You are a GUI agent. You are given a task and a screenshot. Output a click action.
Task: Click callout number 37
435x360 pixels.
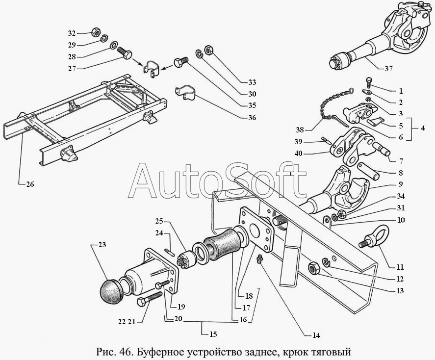tap(389, 68)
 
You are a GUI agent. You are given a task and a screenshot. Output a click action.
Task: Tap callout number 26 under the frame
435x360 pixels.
tap(30, 184)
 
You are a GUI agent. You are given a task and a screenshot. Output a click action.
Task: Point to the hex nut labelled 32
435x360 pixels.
tap(96, 32)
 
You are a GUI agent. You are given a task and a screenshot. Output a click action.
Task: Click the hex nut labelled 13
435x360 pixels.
tap(314, 268)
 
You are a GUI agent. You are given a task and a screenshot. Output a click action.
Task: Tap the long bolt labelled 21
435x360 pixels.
tap(149, 299)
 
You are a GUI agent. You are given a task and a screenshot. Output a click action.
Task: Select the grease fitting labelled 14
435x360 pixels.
tap(260, 259)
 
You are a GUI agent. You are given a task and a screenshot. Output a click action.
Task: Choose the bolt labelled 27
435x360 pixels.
tap(125, 53)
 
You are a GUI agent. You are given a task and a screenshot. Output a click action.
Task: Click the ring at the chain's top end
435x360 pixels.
tap(352, 90)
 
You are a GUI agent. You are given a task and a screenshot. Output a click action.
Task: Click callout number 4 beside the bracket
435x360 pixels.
tap(422, 128)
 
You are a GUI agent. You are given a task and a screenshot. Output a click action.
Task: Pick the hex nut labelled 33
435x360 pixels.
tap(208, 50)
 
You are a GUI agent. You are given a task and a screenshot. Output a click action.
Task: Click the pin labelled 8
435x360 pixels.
tap(367, 171)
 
